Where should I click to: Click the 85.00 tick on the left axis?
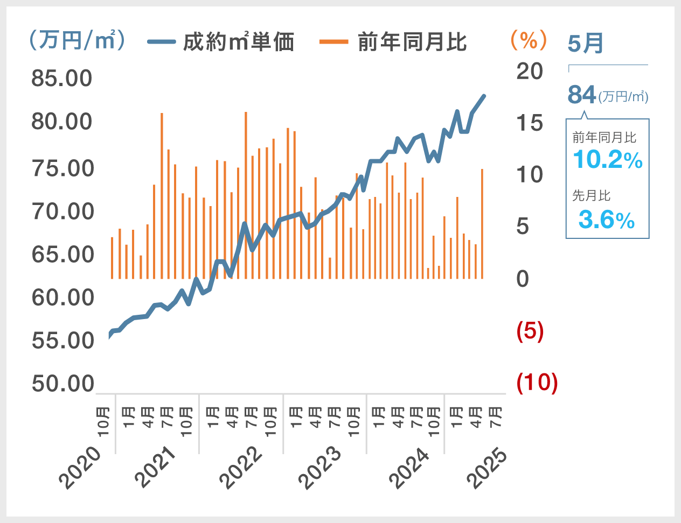tap(62, 79)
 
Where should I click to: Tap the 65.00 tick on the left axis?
tap(62, 255)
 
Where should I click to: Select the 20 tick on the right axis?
tap(530, 71)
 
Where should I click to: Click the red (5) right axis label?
tap(530, 331)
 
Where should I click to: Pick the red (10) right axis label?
tap(537, 383)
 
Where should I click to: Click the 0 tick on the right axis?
tap(523, 279)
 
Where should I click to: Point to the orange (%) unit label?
tap(528, 40)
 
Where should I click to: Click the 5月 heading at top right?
tap(586, 43)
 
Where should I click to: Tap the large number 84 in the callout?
tap(582, 95)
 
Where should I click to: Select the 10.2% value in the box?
tap(607, 160)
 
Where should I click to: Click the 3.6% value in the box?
tap(607, 220)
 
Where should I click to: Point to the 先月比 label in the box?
tap(591, 195)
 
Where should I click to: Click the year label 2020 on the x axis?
tap(81, 468)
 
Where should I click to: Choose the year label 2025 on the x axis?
tap(488, 468)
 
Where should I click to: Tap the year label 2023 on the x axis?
tap(320, 468)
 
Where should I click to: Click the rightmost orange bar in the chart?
tap(482, 223)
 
